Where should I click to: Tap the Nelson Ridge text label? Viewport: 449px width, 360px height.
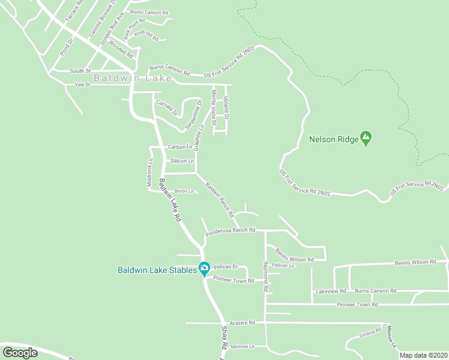pyautogui.click(x=333, y=140)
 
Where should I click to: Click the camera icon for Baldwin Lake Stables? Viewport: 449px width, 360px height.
pyautogui.click(x=204, y=269)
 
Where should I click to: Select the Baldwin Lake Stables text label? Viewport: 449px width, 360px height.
pyautogui.click(x=157, y=269)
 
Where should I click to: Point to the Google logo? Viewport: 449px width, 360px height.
pyautogui.click(x=20, y=353)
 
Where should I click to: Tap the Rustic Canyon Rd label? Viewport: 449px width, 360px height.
pyautogui.click(x=149, y=12)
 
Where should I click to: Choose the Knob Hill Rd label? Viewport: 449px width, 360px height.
pyautogui.click(x=146, y=35)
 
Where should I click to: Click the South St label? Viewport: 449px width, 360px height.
pyautogui.click(x=79, y=71)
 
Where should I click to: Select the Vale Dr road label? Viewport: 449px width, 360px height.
pyautogui.click(x=82, y=85)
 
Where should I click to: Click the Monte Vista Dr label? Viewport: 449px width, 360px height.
pyautogui.click(x=213, y=107)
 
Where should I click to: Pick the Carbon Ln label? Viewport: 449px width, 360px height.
pyautogui.click(x=179, y=147)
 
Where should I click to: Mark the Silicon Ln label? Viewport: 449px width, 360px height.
pyautogui.click(x=182, y=161)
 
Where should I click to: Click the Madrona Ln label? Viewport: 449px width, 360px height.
pyautogui.click(x=151, y=172)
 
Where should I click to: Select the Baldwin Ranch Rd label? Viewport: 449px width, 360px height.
pyautogui.click(x=219, y=200)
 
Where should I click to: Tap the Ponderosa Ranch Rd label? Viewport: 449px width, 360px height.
pyautogui.click(x=231, y=230)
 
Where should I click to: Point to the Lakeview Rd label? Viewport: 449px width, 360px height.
pyautogui.click(x=331, y=291)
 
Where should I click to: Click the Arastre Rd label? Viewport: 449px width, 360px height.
pyautogui.click(x=244, y=323)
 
